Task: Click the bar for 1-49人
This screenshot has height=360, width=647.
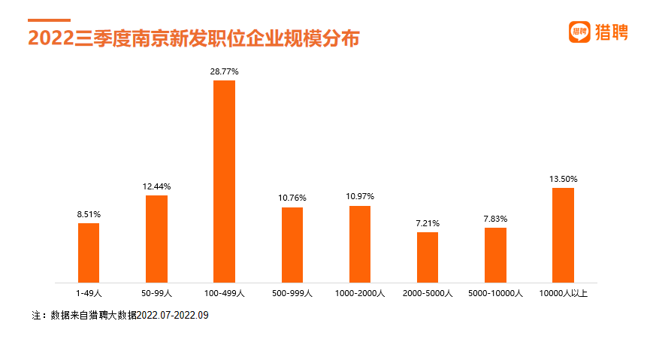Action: (89, 253)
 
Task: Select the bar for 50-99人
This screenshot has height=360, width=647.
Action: (156, 238)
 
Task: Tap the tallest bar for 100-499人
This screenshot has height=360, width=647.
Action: (224, 181)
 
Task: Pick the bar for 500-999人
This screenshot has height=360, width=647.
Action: (292, 244)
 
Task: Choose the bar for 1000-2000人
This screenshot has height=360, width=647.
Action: (360, 244)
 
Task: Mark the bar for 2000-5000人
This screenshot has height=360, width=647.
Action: (428, 257)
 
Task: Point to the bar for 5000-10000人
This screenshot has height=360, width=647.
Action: (495, 255)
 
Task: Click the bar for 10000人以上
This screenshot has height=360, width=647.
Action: (563, 234)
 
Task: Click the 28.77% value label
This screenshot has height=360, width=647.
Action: (224, 71)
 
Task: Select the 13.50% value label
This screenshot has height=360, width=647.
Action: (563, 179)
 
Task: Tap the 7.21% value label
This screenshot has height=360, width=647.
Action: (428, 223)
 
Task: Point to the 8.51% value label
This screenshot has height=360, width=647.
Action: (89, 214)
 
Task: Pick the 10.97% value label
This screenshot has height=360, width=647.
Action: (360, 197)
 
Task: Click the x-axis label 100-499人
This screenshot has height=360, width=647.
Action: (224, 293)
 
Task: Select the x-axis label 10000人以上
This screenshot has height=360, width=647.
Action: (563, 293)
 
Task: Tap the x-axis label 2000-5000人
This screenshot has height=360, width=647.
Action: (428, 293)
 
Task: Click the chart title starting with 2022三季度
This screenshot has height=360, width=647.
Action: (194, 38)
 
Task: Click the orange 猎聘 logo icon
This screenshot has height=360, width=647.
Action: (579, 32)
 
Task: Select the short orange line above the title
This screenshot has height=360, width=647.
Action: (49, 20)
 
